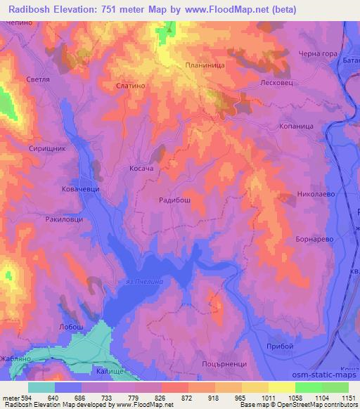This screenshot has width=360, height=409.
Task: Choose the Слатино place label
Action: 129,85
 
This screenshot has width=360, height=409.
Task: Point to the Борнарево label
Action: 314,239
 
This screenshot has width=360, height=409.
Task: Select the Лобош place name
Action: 72,327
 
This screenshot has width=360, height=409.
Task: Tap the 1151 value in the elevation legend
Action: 349,398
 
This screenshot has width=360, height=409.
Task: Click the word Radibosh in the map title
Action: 38,9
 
